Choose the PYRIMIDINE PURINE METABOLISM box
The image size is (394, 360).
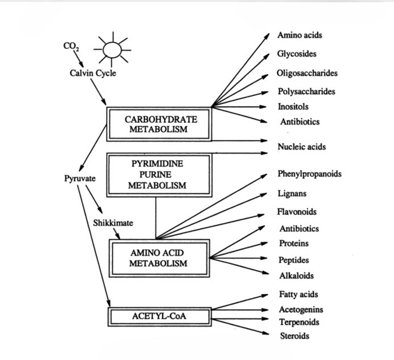(x=158, y=174)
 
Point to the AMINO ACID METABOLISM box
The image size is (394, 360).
(x=159, y=258)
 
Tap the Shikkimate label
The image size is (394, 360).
(x=113, y=223)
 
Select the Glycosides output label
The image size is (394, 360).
(x=296, y=54)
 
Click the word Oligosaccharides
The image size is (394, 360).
(x=307, y=73)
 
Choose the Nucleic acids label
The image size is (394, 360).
(x=301, y=147)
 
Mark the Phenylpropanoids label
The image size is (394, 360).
(x=309, y=174)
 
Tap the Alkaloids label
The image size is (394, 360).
(x=296, y=276)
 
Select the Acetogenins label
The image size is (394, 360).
(x=301, y=310)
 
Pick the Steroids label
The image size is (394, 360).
(x=294, y=336)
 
